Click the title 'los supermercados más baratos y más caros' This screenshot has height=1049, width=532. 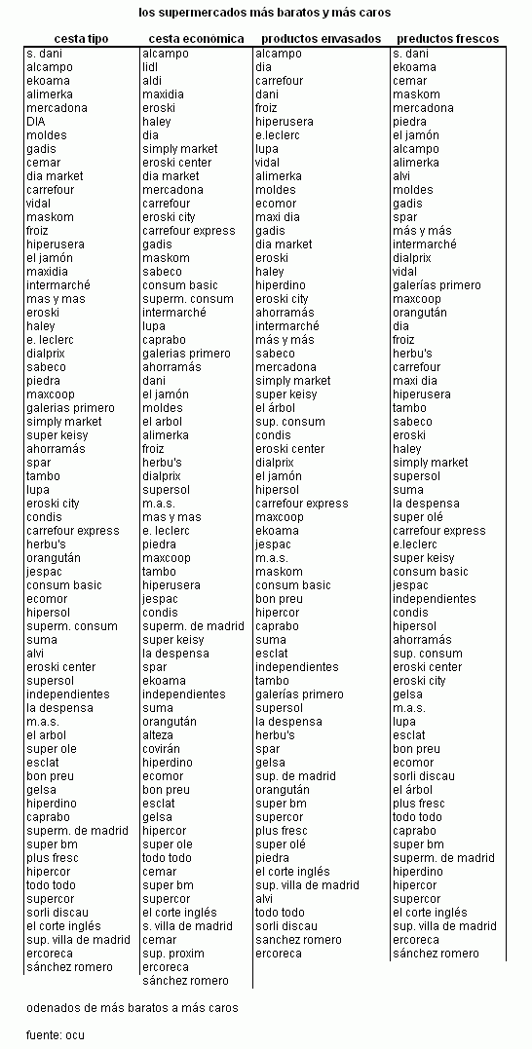(x=265, y=13)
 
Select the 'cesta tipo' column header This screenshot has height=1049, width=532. (x=81, y=39)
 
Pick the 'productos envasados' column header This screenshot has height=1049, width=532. (x=321, y=39)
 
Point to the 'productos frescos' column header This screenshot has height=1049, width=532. (x=447, y=39)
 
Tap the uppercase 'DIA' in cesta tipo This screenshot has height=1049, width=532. (x=36, y=122)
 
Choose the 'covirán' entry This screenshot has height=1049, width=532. (x=163, y=749)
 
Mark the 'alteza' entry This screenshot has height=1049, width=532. (x=159, y=735)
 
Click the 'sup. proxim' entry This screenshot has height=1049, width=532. (x=173, y=954)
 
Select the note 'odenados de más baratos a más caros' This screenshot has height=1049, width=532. (x=132, y=1008)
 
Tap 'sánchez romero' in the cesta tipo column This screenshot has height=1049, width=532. (x=69, y=967)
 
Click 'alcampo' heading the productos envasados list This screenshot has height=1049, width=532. (x=279, y=54)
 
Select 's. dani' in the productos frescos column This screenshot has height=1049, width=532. (x=410, y=54)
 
